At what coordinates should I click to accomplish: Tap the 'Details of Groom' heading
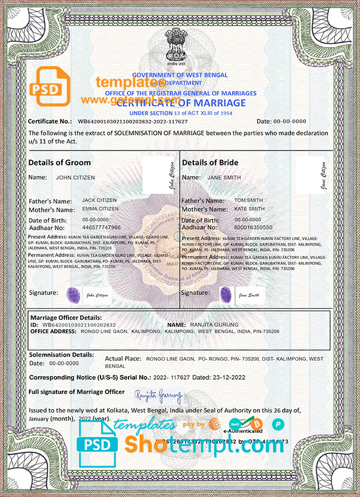[x=60, y=162]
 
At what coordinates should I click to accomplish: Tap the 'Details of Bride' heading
[x=210, y=162]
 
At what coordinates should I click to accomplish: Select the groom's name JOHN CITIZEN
[x=75, y=177]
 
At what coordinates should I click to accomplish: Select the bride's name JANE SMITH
[x=224, y=177]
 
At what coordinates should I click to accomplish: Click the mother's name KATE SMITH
[x=249, y=209]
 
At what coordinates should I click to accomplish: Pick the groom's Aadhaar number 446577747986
[x=101, y=227]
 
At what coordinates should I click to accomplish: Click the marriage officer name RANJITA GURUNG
[x=213, y=324]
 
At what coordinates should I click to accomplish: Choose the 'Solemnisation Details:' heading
[x=61, y=354]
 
